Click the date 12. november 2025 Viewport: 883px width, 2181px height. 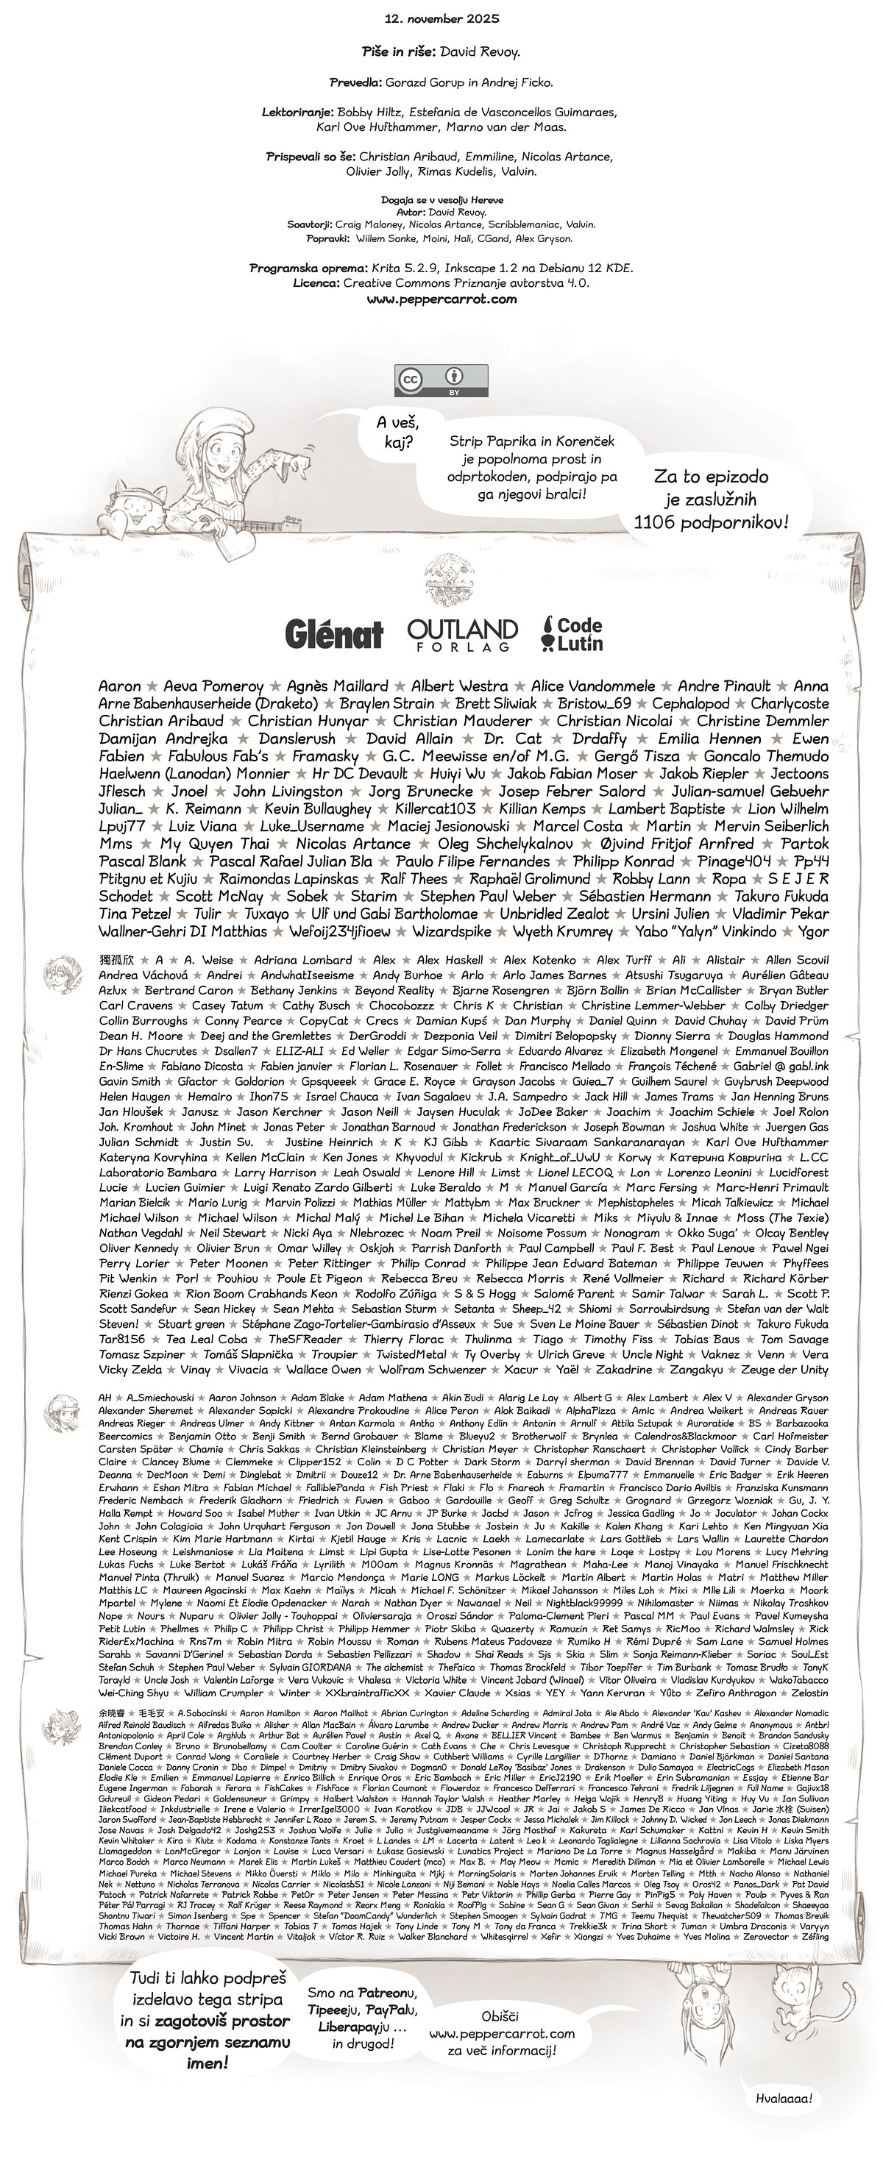coord(441,18)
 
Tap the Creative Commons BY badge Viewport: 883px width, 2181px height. coord(441,380)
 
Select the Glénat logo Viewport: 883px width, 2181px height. coord(333,633)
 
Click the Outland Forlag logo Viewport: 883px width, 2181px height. coord(461,634)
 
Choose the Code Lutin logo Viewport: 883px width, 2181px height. coord(572,633)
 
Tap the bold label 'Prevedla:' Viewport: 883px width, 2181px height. coord(355,83)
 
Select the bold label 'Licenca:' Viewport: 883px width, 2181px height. coord(316,284)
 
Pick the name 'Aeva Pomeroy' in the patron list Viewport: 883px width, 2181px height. coord(213,686)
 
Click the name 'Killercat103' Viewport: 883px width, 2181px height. coord(434,808)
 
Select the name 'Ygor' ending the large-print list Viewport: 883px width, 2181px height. coord(812,931)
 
